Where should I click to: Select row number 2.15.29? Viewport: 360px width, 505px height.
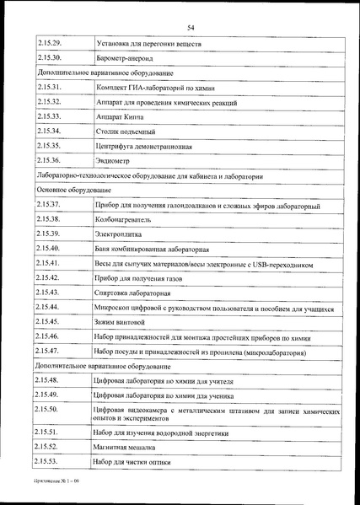(x=50, y=40)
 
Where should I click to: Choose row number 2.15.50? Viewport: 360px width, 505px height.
(x=50, y=409)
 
